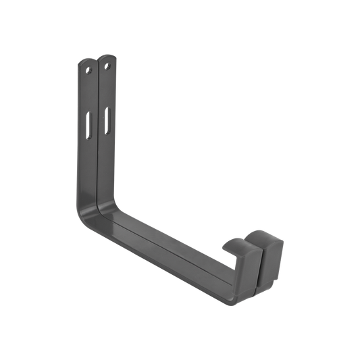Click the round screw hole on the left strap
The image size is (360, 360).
pyautogui.click(x=88, y=68)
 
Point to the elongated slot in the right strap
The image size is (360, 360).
pyautogui.click(x=107, y=119)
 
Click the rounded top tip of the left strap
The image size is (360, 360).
pyautogui.click(x=86, y=59)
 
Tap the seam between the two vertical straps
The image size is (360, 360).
pyautogui.click(x=97, y=135)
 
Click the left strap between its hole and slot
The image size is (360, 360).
pyautogui.click(x=88, y=95)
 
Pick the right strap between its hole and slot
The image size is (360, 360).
pyautogui.click(x=107, y=91)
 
